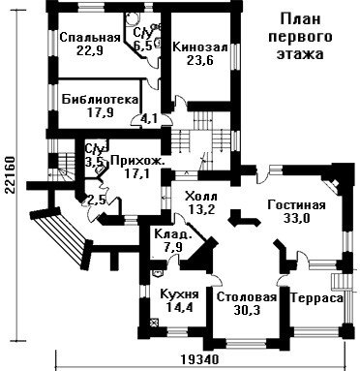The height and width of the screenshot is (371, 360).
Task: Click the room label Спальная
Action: pyautogui.click(x=90, y=38)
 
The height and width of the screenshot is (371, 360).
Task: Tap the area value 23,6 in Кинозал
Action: pyautogui.click(x=200, y=60)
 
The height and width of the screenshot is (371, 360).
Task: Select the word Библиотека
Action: pyautogui.click(x=101, y=99)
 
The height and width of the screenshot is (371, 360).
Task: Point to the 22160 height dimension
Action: pyautogui.click(x=10, y=174)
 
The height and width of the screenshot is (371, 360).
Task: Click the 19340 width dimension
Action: pyautogui.click(x=199, y=359)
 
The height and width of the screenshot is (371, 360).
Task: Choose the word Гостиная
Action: pyautogui.click(x=297, y=205)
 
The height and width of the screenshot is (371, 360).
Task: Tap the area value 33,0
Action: pyautogui.click(x=297, y=219)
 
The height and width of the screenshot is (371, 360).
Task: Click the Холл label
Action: pyautogui.click(x=201, y=196)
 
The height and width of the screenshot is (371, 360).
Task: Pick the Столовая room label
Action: pyautogui.click(x=247, y=297)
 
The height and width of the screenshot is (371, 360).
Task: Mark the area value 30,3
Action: pyautogui.click(x=247, y=310)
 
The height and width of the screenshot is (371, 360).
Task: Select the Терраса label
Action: pyautogui.click(x=316, y=298)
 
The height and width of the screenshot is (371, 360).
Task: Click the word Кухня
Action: pyautogui.click(x=179, y=294)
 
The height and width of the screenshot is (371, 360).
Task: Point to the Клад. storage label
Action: pyautogui.click(x=173, y=233)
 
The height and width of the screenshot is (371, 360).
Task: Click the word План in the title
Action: pyautogui.click(x=300, y=19)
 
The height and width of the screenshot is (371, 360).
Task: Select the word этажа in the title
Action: pyautogui.click(x=300, y=54)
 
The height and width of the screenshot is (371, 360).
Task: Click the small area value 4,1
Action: pyautogui.click(x=149, y=119)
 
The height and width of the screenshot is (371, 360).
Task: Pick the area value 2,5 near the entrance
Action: pyautogui.click(x=97, y=201)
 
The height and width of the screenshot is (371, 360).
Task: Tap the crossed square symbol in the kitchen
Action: pyautogui.click(x=155, y=323)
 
